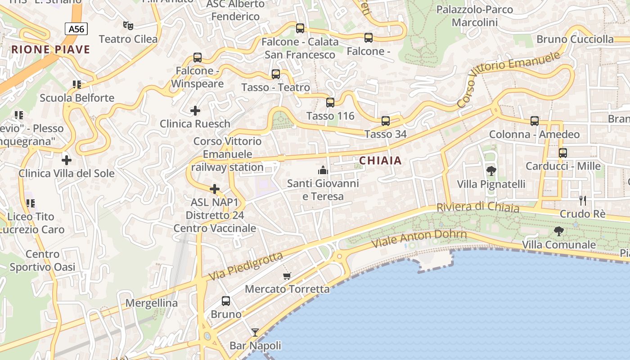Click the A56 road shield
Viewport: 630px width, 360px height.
[76, 29]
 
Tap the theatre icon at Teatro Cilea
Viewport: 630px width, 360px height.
[128, 26]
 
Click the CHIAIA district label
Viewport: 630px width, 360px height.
[380, 161]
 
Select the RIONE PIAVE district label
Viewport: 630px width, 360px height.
[51, 49]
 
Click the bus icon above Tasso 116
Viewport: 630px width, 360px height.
[330, 103]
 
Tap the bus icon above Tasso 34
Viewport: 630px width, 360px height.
[386, 121]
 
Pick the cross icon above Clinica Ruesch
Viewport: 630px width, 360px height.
[195, 110]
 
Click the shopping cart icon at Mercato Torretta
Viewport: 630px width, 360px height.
[287, 275]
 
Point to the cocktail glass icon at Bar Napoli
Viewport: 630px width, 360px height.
[255, 333]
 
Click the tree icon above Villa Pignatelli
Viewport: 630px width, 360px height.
[491, 171]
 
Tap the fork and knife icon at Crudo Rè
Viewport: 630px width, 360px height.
[583, 201]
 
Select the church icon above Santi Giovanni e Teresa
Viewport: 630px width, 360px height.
[323, 170]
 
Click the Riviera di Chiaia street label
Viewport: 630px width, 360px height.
[477, 207]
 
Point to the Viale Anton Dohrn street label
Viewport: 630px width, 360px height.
[419, 238]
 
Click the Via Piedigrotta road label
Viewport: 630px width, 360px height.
[246, 266]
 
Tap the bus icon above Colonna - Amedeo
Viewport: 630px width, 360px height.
[535, 121]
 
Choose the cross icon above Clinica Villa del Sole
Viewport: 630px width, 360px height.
[67, 160]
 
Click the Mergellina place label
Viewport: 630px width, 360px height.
[152, 303]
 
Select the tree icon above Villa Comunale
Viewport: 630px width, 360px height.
[559, 231]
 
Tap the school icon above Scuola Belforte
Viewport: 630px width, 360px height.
[77, 85]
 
